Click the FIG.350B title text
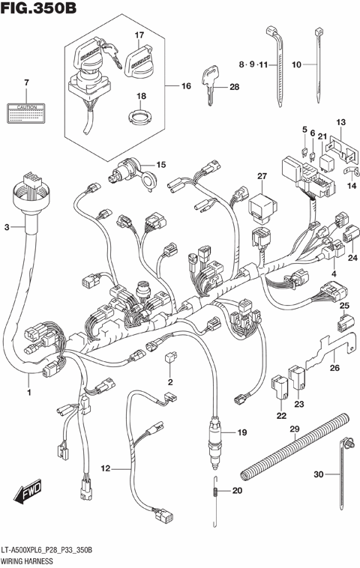pos(39,10)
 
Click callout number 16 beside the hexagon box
pos(187,87)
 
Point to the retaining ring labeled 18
pos(139,115)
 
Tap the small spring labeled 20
pos(214,492)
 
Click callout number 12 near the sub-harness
pos(105,468)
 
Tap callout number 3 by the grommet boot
pos(8,226)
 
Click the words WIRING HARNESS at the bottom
pos(30,561)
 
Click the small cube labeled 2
pos(170,360)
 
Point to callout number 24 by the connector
pos(352,258)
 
